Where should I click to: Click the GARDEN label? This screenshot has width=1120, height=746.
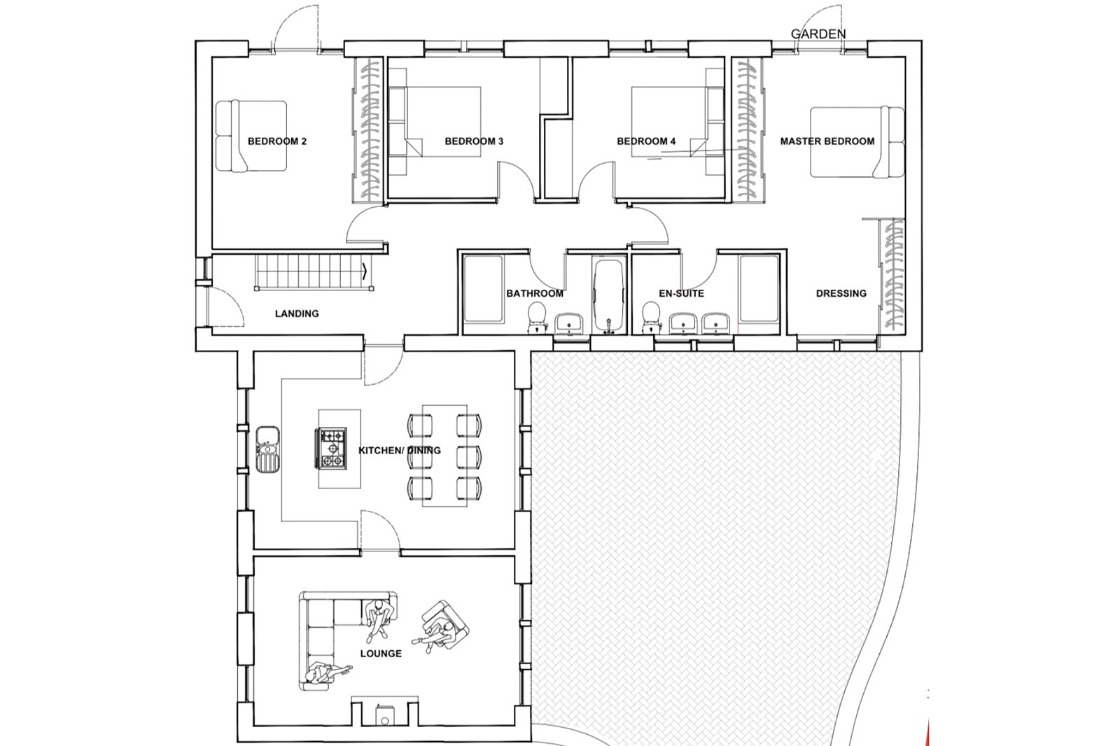pyautogui.click(x=818, y=34)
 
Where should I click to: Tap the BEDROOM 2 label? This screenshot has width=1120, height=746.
pyautogui.click(x=277, y=141)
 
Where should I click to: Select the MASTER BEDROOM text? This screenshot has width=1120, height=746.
pyautogui.click(x=827, y=141)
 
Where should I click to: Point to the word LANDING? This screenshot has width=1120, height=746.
pyautogui.click(x=297, y=314)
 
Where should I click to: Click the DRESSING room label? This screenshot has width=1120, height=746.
pyautogui.click(x=841, y=293)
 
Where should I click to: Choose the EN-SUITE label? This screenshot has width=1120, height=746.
pyautogui.click(x=682, y=293)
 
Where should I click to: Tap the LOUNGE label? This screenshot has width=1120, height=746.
pyautogui.click(x=381, y=654)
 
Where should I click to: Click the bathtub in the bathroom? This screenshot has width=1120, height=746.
pyautogui.click(x=608, y=295)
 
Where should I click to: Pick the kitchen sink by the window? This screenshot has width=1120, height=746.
pyautogui.click(x=267, y=449)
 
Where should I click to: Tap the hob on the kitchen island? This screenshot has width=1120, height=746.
pyautogui.click(x=330, y=449)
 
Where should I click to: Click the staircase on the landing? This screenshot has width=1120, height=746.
pyautogui.click(x=314, y=272)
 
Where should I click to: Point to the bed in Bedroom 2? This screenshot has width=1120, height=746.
pyautogui.click(x=251, y=136)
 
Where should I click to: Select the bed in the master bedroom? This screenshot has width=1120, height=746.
pyautogui.click(x=857, y=142)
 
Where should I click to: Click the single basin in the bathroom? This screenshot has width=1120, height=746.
pyautogui.click(x=569, y=323)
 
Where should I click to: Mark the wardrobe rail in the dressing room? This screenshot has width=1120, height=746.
pyautogui.click(x=892, y=276)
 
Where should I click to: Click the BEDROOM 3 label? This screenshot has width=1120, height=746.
pyautogui.click(x=474, y=141)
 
